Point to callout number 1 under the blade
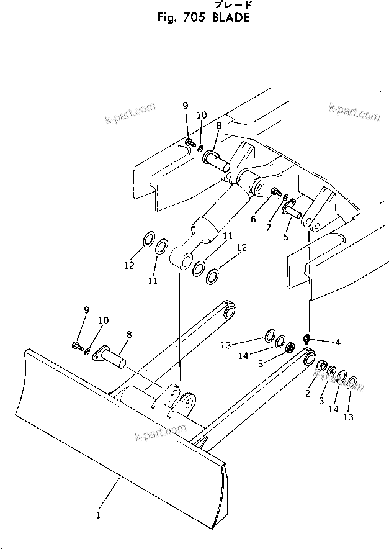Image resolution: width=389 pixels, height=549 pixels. coord(97,515)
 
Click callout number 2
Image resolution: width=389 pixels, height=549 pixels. coord(307,392)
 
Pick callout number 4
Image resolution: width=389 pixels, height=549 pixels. coord(338,342)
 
